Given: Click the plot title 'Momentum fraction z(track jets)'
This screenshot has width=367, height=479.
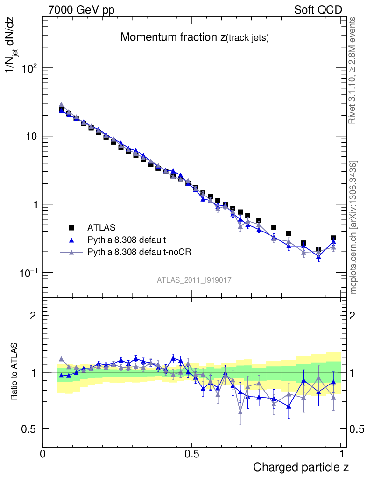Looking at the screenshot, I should (x=194, y=38).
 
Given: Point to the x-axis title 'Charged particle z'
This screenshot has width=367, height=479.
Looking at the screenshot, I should (x=301, y=467).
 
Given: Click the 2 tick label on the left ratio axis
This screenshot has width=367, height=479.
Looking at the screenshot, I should (x=33, y=316).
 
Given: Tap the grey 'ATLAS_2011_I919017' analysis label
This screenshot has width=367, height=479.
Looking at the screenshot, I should (x=194, y=280).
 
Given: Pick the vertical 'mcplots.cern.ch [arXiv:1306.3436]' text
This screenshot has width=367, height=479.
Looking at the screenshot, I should (x=353, y=227).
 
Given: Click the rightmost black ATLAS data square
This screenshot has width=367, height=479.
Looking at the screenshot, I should (x=333, y=239).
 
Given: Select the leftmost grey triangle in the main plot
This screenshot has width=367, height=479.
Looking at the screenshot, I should (x=61, y=105).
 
